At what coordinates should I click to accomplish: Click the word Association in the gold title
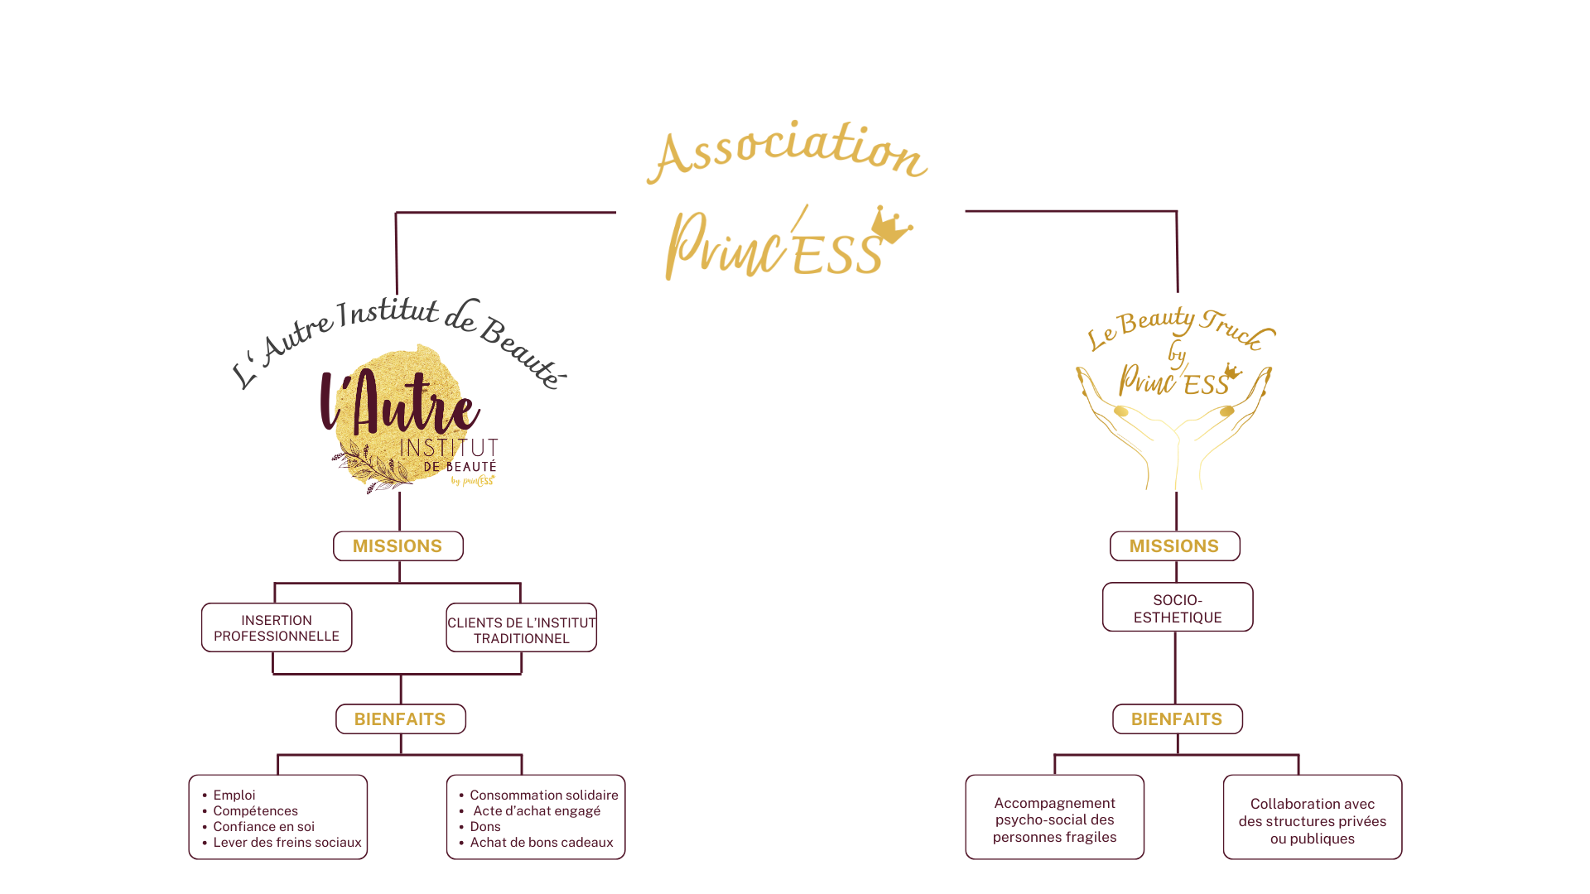pos(787,151)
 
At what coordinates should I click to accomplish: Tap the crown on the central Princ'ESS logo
pos(890,225)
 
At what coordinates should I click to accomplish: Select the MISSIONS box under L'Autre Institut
pos(397,546)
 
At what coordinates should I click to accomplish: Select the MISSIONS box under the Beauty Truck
pos(1174,546)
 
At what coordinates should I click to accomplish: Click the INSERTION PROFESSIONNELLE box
pos(277,627)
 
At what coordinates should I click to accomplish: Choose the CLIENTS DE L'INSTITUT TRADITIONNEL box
pos(521,630)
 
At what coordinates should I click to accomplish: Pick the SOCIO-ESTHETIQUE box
pos(1177,608)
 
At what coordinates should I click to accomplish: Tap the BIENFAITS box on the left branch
pos(400,719)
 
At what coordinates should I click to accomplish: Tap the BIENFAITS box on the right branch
pos(1177,719)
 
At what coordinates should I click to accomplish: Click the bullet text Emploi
pos(234,795)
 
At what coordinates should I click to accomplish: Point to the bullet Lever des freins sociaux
pos(287,842)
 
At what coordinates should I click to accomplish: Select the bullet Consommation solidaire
pos(543,795)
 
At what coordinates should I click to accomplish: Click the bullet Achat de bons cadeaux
pos(541,842)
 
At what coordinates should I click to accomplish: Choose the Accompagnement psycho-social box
pos(1054,819)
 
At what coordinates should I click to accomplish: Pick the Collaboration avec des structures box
pos(1312,820)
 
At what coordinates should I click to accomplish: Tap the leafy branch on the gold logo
pos(373,468)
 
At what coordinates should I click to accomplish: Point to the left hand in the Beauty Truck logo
pos(1114,422)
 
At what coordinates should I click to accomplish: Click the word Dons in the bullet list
pos(485,826)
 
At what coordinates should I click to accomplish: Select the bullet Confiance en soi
pos(263,826)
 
